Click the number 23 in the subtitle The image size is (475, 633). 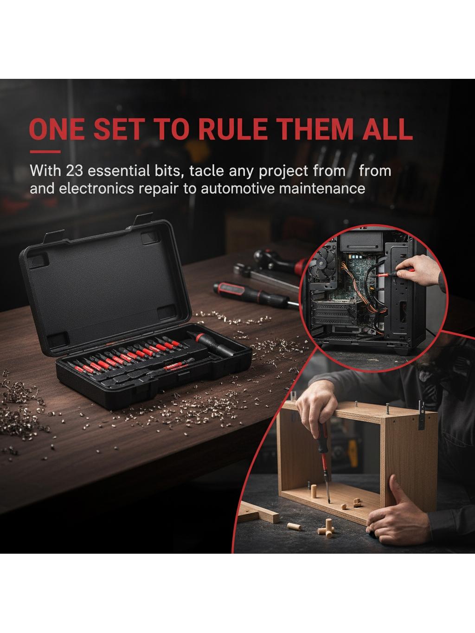75,171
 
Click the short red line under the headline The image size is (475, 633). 45,152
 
